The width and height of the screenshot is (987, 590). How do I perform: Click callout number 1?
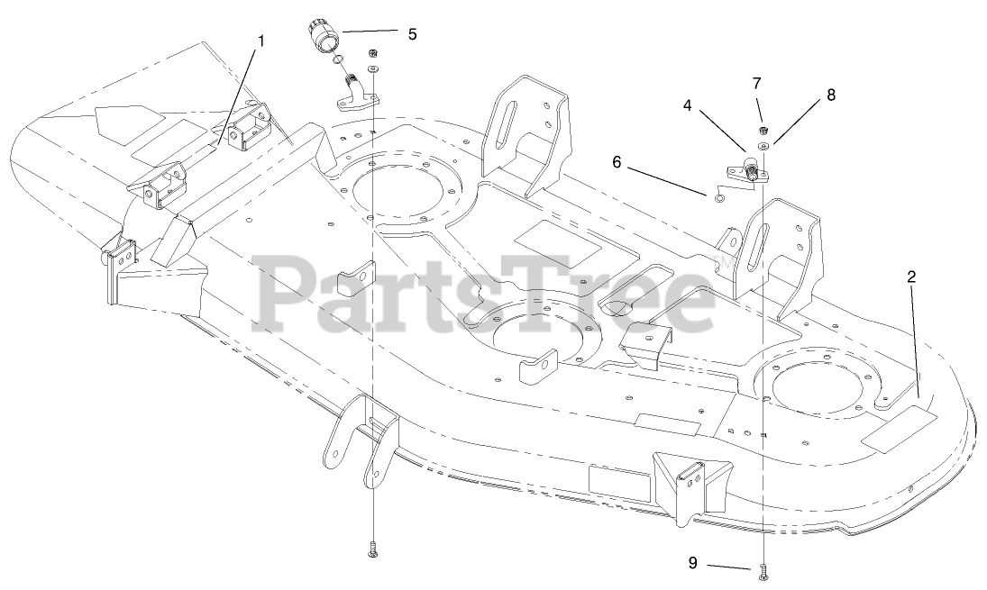[261, 41]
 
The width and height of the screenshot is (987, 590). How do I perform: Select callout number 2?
[911, 277]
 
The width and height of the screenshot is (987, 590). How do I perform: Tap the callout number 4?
[688, 104]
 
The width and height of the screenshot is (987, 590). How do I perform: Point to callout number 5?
[412, 34]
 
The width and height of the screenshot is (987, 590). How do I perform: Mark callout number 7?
[757, 84]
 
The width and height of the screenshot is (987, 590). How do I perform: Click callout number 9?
[693, 563]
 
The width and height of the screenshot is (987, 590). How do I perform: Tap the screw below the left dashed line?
[373, 550]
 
